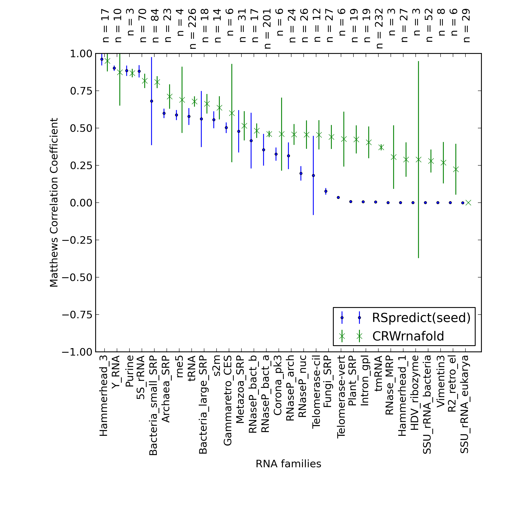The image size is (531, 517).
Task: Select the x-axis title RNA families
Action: pos(288,464)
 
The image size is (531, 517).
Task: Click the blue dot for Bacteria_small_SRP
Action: pos(152,101)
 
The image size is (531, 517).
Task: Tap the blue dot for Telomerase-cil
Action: pos(313,176)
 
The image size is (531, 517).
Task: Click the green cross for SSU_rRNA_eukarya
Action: pos(468,203)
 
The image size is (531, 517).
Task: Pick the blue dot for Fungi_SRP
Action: pos(326,191)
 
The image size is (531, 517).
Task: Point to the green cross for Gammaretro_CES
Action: pos(232,113)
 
